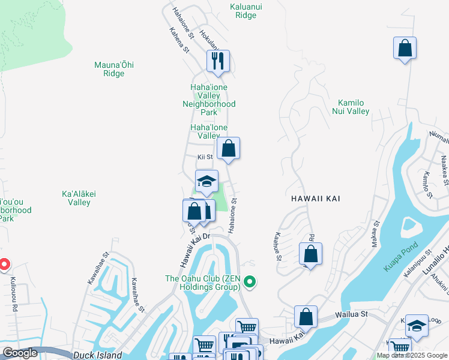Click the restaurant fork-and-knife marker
coord(218,61)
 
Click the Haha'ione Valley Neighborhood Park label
coord(208,100)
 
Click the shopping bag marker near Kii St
coord(228,148)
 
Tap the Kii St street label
coord(205,157)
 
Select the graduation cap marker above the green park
coord(206,181)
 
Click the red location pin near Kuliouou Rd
coord(4,265)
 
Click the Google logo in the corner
coord(20,353)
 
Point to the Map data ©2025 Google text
coord(412,355)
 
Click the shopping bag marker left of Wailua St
coord(306,316)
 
